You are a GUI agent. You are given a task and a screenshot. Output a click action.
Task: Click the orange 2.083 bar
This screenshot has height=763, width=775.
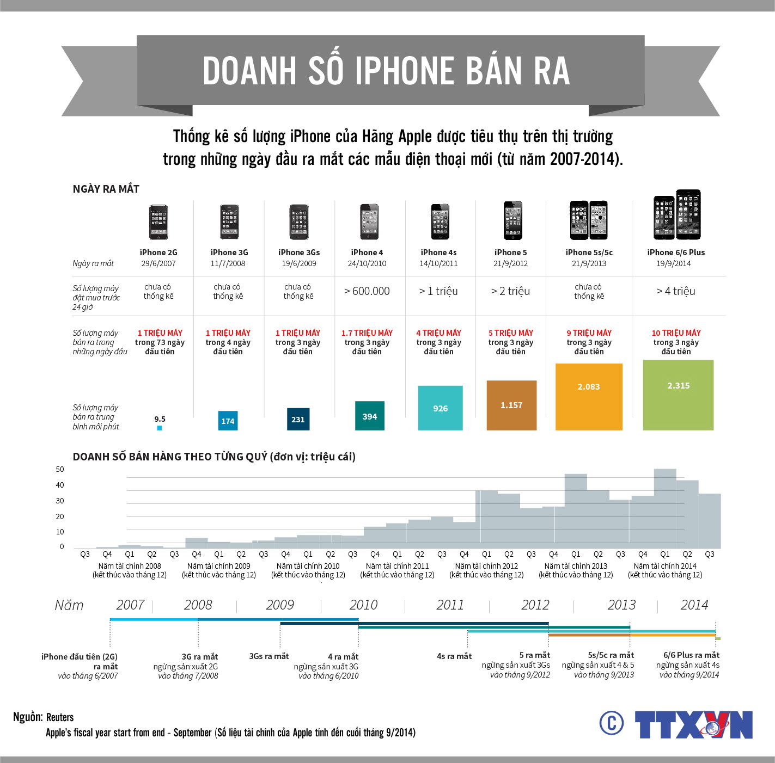coord(589,397)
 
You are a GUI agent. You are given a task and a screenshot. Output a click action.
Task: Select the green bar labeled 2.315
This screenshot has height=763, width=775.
coord(678,395)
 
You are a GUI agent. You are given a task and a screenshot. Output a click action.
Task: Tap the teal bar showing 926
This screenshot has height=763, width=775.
coord(440,408)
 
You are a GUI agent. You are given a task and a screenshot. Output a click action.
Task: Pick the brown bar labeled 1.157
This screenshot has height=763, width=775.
coord(511,405)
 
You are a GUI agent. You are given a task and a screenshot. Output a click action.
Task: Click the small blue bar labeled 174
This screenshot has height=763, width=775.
coord(228,421)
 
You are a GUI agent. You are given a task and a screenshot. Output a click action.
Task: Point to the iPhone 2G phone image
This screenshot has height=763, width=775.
coord(158,222)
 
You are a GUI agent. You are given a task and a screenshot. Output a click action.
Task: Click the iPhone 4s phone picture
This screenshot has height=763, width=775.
coord(440,222)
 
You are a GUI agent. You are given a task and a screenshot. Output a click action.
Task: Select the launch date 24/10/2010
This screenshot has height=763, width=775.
coord(367,263)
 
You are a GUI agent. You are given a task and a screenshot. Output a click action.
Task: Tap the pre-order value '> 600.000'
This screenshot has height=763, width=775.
coord(367,291)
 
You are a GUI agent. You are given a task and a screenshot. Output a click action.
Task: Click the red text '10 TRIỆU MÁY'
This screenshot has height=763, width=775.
coord(676,333)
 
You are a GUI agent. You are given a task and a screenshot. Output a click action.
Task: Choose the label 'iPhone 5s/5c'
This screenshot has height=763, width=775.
coord(589,253)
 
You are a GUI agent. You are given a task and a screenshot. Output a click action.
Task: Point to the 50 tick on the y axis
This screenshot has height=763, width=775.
coord(60,469)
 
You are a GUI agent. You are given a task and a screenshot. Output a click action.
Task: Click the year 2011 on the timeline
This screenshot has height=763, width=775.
coord(450,605)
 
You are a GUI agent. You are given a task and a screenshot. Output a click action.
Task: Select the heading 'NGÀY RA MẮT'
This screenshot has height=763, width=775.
coord(106,189)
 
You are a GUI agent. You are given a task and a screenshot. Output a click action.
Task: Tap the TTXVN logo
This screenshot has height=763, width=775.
coord(693,724)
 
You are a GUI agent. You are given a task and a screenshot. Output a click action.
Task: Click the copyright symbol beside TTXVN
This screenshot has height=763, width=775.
coord(612,723)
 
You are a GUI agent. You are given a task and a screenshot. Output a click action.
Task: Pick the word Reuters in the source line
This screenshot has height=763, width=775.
coord(60,717)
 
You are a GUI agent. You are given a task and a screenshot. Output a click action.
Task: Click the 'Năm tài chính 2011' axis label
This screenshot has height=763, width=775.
coord(397,566)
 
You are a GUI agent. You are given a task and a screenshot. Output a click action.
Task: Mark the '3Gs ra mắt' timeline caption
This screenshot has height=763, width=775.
coord(268,656)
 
